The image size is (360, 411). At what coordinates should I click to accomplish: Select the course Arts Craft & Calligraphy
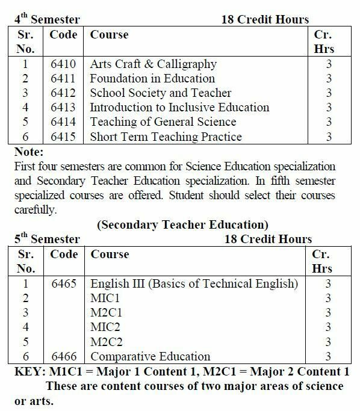point(153,64)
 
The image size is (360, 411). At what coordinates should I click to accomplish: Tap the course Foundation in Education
point(152,78)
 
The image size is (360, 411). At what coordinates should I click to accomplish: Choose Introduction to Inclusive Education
point(179,107)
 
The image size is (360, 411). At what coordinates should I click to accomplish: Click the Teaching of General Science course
point(163,122)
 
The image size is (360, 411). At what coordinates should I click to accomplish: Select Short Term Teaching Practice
point(166,137)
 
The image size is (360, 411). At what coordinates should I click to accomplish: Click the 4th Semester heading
point(47,19)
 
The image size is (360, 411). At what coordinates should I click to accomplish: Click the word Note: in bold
point(29,151)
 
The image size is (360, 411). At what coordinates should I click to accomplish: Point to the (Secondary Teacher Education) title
point(182,225)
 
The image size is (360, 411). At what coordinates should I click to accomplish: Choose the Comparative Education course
point(151,356)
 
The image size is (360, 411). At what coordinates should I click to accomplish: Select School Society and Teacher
point(160,93)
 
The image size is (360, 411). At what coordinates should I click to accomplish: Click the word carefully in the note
point(36,210)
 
